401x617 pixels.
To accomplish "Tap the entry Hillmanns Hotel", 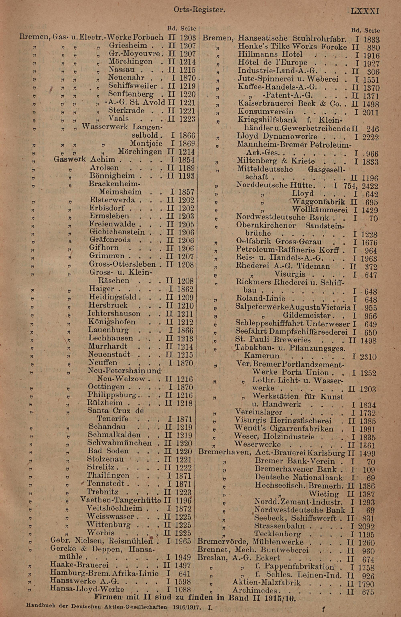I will pyautogui.click(x=270, y=54).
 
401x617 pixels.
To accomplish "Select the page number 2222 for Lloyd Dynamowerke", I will pyautogui.click(x=370, y=137).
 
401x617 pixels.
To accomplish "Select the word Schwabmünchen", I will pyautogui.click(x=119, y=443).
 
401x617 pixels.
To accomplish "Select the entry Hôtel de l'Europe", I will pyautogui.click(x=272, y=63).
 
